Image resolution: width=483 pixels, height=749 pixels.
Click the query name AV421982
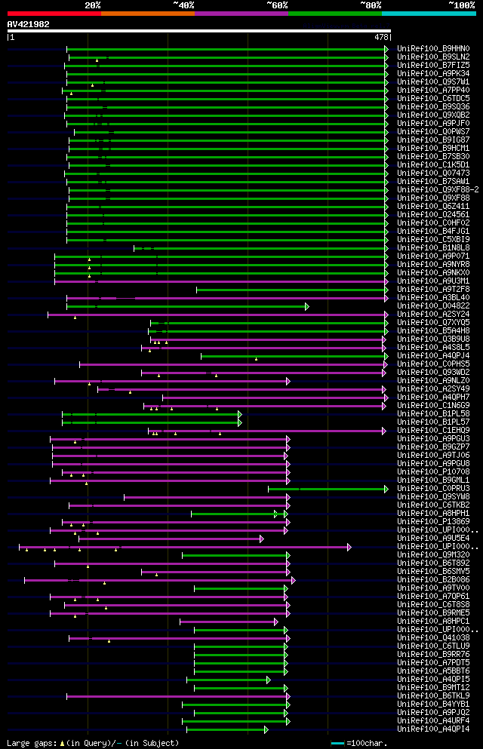pos(29,24)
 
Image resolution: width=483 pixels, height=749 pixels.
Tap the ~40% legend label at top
pos(183,5)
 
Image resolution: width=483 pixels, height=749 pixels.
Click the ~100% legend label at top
pos(462,5)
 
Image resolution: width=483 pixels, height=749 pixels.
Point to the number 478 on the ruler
pos(382,36)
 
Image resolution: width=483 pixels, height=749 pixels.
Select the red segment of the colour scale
pos(54,13)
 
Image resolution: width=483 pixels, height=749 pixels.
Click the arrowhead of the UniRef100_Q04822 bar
pos(307,306)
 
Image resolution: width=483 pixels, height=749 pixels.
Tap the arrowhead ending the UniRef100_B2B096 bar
pos(293,580)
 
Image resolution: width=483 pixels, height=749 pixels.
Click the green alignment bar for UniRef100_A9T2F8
pos(291,290)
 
